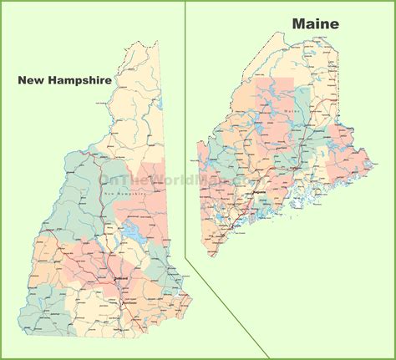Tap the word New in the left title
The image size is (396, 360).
tap(32, 80)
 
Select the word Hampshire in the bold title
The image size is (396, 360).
tap(82, 81)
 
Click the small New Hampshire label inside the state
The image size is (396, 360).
tap(123, 194)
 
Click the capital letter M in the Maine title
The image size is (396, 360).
tap(297, 24)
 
